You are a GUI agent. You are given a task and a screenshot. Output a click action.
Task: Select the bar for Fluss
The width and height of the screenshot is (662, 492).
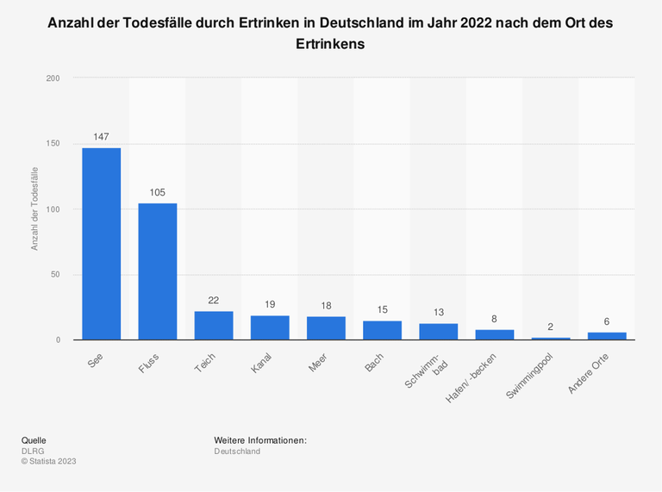point(158,271)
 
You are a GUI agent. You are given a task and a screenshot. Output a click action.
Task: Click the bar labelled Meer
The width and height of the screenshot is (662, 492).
point(326,328)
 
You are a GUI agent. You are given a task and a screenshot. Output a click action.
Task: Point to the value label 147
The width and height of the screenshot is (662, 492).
point(101,137)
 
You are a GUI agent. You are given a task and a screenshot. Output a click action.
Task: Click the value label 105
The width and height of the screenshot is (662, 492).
point(158,192)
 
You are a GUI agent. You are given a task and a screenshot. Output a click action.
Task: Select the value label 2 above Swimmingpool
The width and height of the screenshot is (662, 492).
point(551,327)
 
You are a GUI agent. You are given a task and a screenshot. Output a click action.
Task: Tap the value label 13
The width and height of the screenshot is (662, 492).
point(438,312)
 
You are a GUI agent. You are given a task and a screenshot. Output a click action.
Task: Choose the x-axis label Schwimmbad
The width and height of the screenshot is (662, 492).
point(426,369)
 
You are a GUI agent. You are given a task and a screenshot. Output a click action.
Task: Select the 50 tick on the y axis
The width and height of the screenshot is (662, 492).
point(55,275)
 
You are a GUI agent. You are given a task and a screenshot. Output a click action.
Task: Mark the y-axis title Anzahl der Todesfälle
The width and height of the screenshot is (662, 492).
point(35,209)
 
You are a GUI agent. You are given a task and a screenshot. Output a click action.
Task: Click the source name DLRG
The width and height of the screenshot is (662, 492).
point(32,451)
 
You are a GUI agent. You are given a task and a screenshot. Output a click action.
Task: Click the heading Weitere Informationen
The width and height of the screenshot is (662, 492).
point(260,440)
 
